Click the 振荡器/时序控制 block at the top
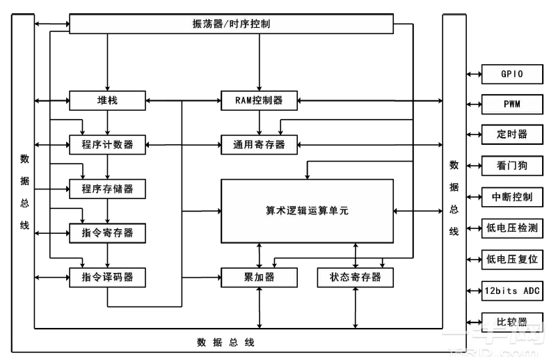point(232,24)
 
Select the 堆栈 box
point(107,100)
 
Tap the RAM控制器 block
point(259,100)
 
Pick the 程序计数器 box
point(107,145)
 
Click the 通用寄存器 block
point(259,145)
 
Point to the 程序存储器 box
point(107,188)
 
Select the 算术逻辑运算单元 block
point(307,211)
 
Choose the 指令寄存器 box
point(107,233)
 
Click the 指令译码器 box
point(107,277)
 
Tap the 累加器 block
point(259,277)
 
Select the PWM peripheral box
point(512,104)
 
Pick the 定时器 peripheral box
point(512,135)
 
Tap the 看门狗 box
point(512,166)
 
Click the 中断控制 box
point(512,196)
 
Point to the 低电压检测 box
point(512,227)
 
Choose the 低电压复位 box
point(512,259)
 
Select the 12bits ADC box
point(512,290)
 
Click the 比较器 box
point(512,322)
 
